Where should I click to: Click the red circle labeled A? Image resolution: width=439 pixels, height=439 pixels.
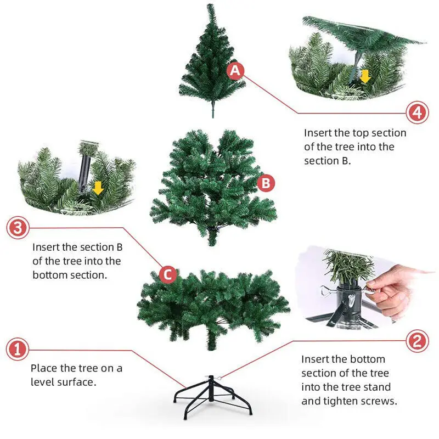tap(235, 71)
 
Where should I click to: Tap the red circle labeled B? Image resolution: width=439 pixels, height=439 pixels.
tap(266, 183)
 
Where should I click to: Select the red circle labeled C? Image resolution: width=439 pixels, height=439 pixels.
tap(168, 274)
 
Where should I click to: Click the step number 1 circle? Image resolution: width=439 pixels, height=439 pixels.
tap(18, 349)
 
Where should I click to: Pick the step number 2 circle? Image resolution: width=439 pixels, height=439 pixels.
tap(417, 341)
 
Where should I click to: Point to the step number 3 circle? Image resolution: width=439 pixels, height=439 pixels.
tap(18, 228)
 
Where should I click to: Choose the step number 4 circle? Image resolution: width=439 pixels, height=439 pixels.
tap(418, 112)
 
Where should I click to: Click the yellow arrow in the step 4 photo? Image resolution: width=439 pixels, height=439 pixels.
tap(365, 76)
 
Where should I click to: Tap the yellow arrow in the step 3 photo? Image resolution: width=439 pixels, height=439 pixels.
tap(98, 188)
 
